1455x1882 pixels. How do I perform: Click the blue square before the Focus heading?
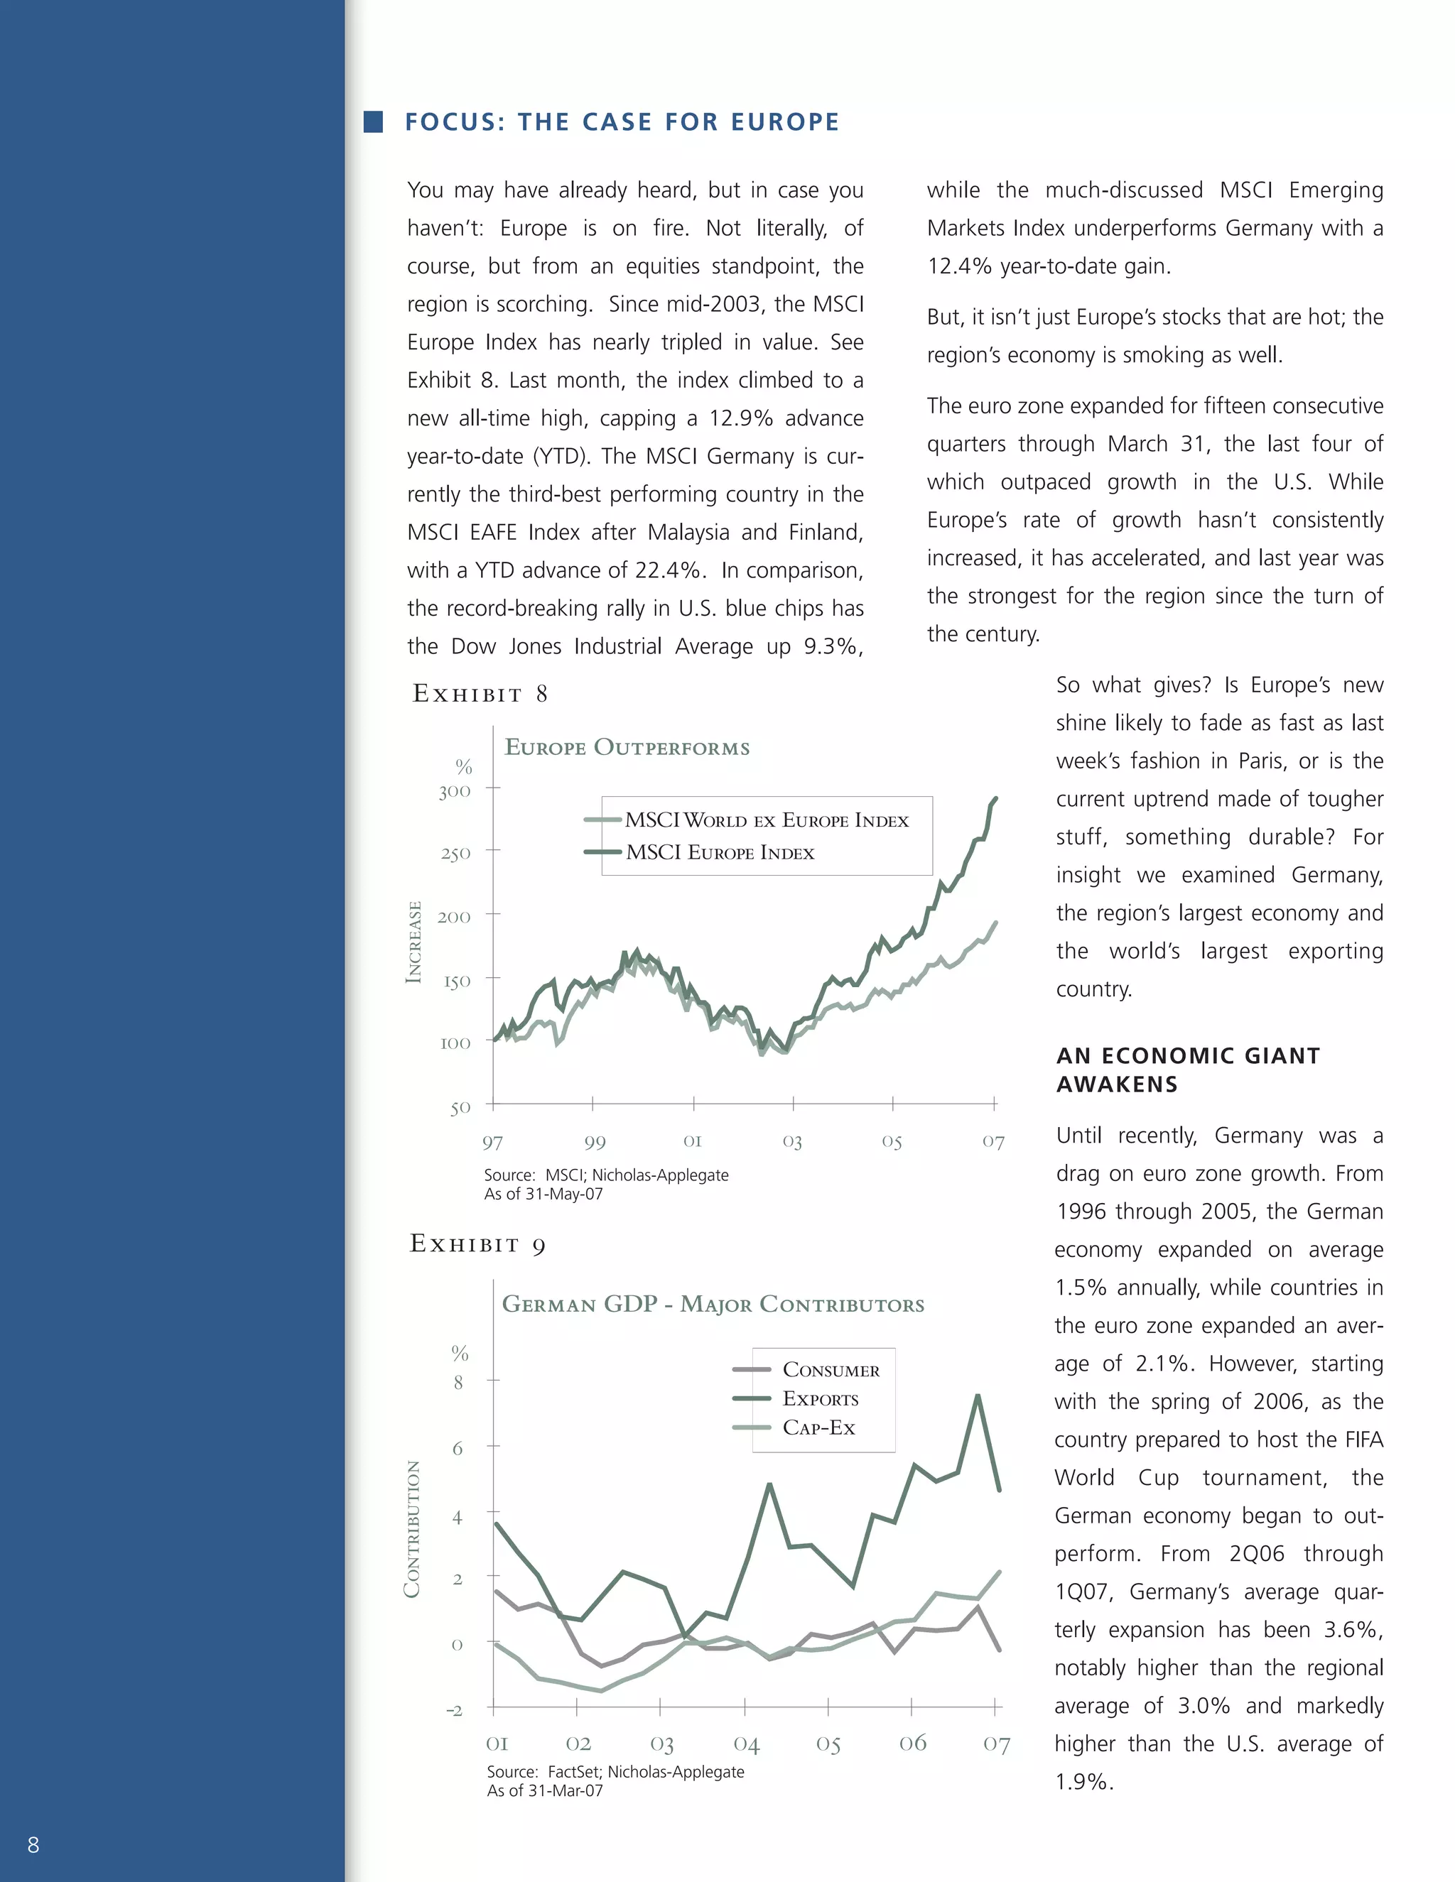click(x=373, y=121)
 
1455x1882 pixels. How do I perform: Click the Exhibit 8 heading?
click(x=480, y=694)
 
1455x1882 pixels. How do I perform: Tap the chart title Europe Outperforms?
click(x=627, y=747)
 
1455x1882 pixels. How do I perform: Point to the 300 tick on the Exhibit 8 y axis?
click(x=455, y=791)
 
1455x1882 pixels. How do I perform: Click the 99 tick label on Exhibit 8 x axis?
click(x=595, y=1143)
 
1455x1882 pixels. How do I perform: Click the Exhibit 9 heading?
click(x=477, y=1244)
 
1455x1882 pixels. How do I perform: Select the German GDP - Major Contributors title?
click(x=713, y=1304)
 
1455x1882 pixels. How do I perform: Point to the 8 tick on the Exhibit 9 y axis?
click(x=458, y=1382)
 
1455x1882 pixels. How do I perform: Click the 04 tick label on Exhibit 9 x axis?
click(x=747, y=1744)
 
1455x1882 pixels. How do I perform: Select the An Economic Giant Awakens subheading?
click(x=1188, y=1070)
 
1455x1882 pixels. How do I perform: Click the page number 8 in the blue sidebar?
click(x=33, y=1845)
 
